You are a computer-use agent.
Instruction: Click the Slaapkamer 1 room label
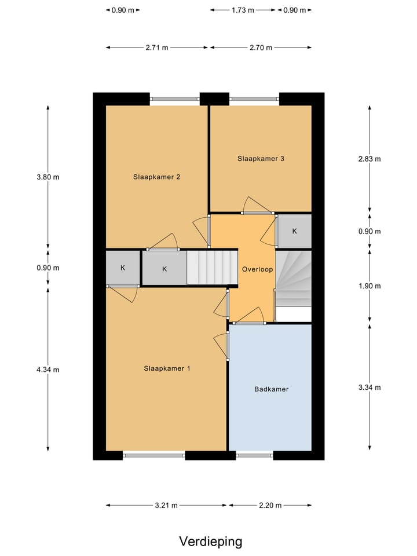(167, 368)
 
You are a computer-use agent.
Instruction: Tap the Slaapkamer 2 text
(156, 177)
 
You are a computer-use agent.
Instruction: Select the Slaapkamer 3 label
(261, 158)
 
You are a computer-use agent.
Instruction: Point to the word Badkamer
(271, 389)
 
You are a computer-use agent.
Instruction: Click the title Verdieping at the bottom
(210, 542)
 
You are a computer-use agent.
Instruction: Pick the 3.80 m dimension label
(47, 177)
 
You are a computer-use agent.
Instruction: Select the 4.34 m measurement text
(47, 370)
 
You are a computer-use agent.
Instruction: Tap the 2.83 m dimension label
(370, 159)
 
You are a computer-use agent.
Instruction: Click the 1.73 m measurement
(243, 10)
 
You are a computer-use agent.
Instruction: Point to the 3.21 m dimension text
(166, 506)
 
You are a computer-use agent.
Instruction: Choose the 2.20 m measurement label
(270, 506)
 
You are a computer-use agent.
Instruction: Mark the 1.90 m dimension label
(370, 286)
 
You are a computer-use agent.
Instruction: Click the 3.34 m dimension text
(370, 387)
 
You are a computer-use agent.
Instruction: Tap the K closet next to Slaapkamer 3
(294, 231)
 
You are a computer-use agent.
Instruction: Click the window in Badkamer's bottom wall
(255, 455)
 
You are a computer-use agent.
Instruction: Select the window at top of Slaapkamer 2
(175, 98)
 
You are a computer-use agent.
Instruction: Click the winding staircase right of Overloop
(293, 278)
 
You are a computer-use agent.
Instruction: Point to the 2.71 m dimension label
(156, 48)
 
